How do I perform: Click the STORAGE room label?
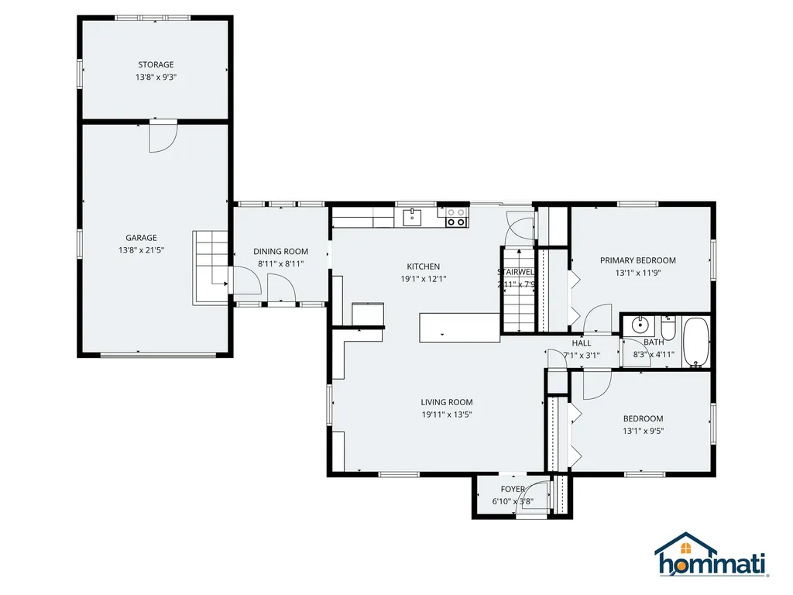pyautogui.click(x=156, y=65)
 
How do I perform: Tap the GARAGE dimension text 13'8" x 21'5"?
pyautogui.click(x=142, y=250)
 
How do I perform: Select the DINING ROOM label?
pyautogui.click(x=280, y=251)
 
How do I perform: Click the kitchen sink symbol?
pyautogui.click(x=414, y=217)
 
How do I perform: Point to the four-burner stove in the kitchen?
pyautogui.click(x=457, y=217)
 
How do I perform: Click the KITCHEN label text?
pyautogui.click(x=423, y=267)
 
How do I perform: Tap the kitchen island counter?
pyautogui.click(x=459, y=327)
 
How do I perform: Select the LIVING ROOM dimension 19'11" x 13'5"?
pyautogui.click(x=446, y=414)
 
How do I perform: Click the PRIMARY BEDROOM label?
pyautogui.click(x=638, y=260)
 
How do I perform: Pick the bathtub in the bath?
pyautogui.click(x=697, y=341)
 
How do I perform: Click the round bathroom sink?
pyautogui.click(x=640, y=325)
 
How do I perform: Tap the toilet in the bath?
pyautogui.click(x=668, y=328)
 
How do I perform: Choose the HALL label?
pyautogui.click(x=581, y=343)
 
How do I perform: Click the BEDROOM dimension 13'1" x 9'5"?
pyautogui.click(x=643, y=432)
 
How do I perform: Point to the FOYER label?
pyautogui.click(x=513, y=489)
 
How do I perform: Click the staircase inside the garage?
pyautogui.click(x=208, y=266)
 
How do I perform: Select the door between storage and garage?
pyautogui.click(x=163, y=135)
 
